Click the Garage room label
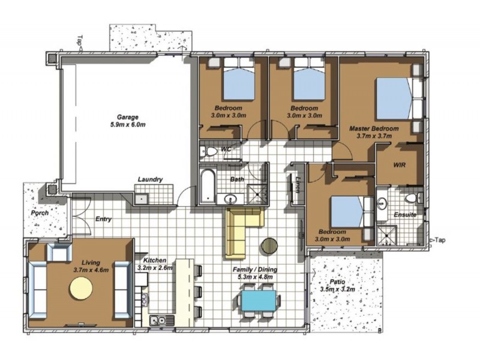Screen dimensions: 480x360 [x=128, y=117]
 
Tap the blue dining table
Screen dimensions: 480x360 [x=259, y=301]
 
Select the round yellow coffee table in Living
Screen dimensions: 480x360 [x=81, y=289]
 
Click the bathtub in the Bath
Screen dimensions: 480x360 [x=208, y=187]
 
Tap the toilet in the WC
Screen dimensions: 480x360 [x=208, y=151]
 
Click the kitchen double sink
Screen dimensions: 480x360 [x=161, y=320]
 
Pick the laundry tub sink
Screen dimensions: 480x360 [x=142, y=199]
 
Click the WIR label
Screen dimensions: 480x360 [x=399, y=165]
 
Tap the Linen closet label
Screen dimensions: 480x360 [x=297, y=185]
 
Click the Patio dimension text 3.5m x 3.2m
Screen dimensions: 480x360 [x=337, y=289]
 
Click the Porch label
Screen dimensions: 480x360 [x=40, y=213]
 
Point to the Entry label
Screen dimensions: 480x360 [x=103, y=219]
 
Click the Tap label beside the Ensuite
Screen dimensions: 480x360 [x=439, y=241]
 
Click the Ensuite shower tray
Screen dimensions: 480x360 [x=386, y=236]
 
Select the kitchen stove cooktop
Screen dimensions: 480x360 [x=144, y=299]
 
